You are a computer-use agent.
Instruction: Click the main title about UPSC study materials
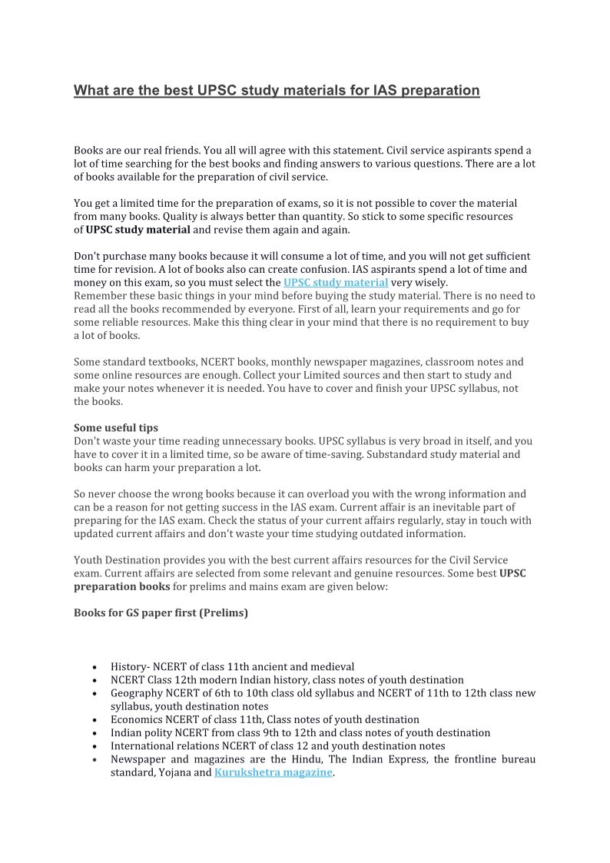pyautogui.click(x=277, y=91)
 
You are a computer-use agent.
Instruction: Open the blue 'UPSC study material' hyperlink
pyautogui.click(x=335, y=282)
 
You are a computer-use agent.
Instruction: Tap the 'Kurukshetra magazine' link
pyautogui.click(x=274, y=772)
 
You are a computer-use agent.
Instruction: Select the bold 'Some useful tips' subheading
pyautogui.click(x=116, y=427)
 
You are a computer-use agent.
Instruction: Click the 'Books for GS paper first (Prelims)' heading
pyautogui.click(x=161, y=613)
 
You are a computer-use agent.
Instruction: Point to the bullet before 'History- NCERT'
pyautogui.click(x=94, y=667)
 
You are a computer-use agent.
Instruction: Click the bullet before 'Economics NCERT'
pyautogui.click(x=94, y=720)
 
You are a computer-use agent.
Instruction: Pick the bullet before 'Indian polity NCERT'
pyautogui.click(x=94, y=733)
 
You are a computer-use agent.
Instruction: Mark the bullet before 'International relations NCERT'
pyautogui.click(x=94, y=746)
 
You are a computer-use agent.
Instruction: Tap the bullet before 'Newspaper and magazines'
pyautogui.click(x=94, y=759)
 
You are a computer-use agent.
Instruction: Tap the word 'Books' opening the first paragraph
pyautogui.click(x=89, y=150)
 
